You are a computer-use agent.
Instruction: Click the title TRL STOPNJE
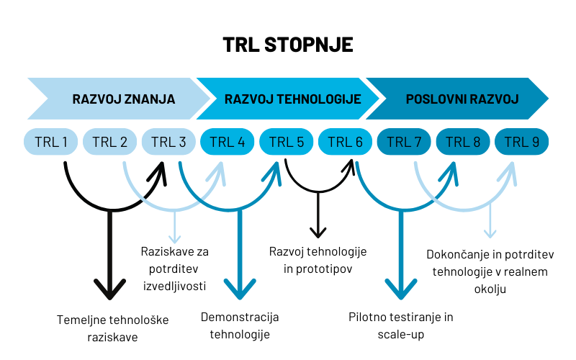[288, 44]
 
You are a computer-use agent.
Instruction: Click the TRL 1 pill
[50, 141]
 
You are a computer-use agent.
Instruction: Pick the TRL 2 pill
[109, 141]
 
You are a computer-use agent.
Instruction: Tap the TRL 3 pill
[168, 141]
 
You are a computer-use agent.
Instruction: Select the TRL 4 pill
[228, 141]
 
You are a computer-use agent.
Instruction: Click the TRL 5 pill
[287, 141]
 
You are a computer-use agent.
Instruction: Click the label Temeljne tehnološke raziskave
[112, 328]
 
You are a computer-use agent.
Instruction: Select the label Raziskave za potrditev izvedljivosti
[174, 269]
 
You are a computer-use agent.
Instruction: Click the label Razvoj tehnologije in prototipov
[318, 260]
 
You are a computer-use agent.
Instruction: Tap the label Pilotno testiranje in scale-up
[401, 325]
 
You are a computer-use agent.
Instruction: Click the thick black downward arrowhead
[109, 289]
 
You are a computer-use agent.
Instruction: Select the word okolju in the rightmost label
[490, 289]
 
